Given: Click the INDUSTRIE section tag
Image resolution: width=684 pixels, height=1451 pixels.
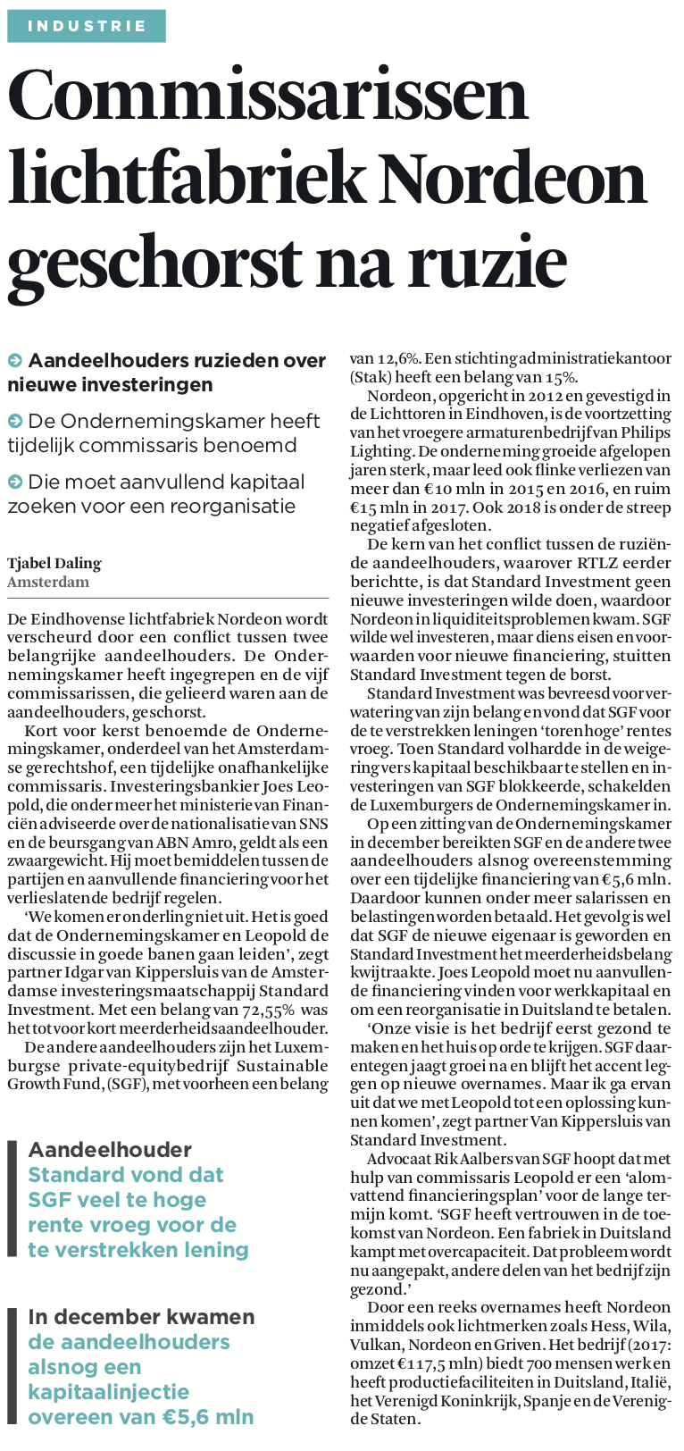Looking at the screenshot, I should click(x=87, y=26).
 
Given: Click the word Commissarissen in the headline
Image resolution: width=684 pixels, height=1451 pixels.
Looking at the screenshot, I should click(x=268, y=96).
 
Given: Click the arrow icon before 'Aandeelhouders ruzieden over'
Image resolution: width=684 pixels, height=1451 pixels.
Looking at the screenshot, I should click(x=15, y=361).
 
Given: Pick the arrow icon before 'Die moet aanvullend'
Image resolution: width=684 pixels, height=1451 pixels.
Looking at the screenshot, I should click(x=15, y=482).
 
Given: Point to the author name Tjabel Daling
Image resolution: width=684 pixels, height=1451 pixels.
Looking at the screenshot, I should click(x=54, y=563).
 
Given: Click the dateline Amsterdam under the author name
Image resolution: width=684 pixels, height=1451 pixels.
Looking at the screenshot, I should click(x=48, y=582).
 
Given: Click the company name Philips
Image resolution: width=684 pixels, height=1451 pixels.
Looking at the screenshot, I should click(x=638, y=433).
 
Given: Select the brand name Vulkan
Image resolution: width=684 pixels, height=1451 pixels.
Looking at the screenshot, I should click(x=375, y=1346).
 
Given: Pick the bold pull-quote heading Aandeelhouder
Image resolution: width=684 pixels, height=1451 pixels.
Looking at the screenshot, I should click(x=110, y=1150).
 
